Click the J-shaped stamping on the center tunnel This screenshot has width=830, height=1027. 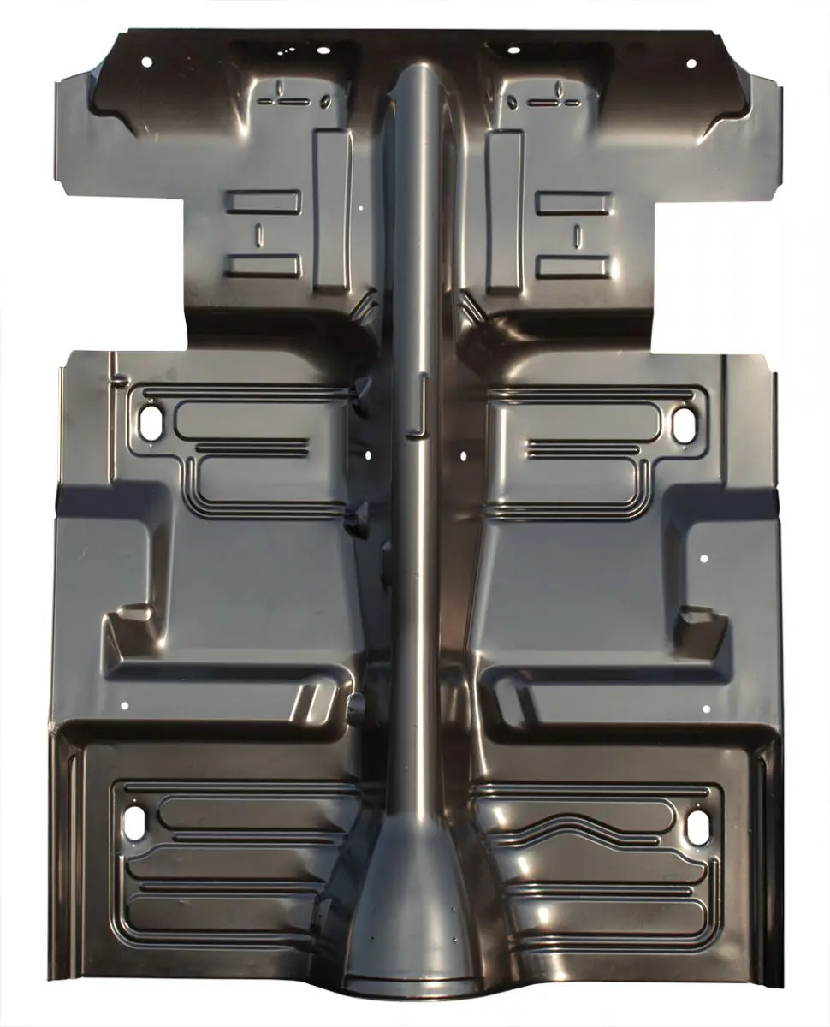(420, 405)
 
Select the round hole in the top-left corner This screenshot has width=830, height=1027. (145, 62)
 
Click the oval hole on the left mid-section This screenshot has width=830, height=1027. (151, 425)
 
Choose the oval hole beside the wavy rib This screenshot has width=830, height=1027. (697, 824)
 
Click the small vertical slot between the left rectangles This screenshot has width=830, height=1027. (259, 234)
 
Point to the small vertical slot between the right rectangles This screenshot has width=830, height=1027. (578, 234)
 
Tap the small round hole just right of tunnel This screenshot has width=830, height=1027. (463, 456)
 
